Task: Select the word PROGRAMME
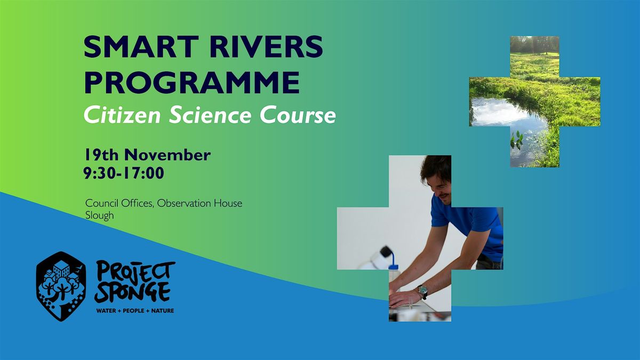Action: point(191,83)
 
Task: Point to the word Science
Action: point(210,115)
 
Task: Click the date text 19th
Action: point(101,155)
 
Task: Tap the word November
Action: point(167,155)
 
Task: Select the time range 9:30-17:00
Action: point(124,173)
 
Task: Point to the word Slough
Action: point(99,215)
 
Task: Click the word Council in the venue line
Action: point(102,203)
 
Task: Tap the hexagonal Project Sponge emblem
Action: point(61,286)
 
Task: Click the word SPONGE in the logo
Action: point(133,292)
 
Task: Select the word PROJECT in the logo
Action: point(135,271)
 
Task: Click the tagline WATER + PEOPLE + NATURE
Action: point(135,310)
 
